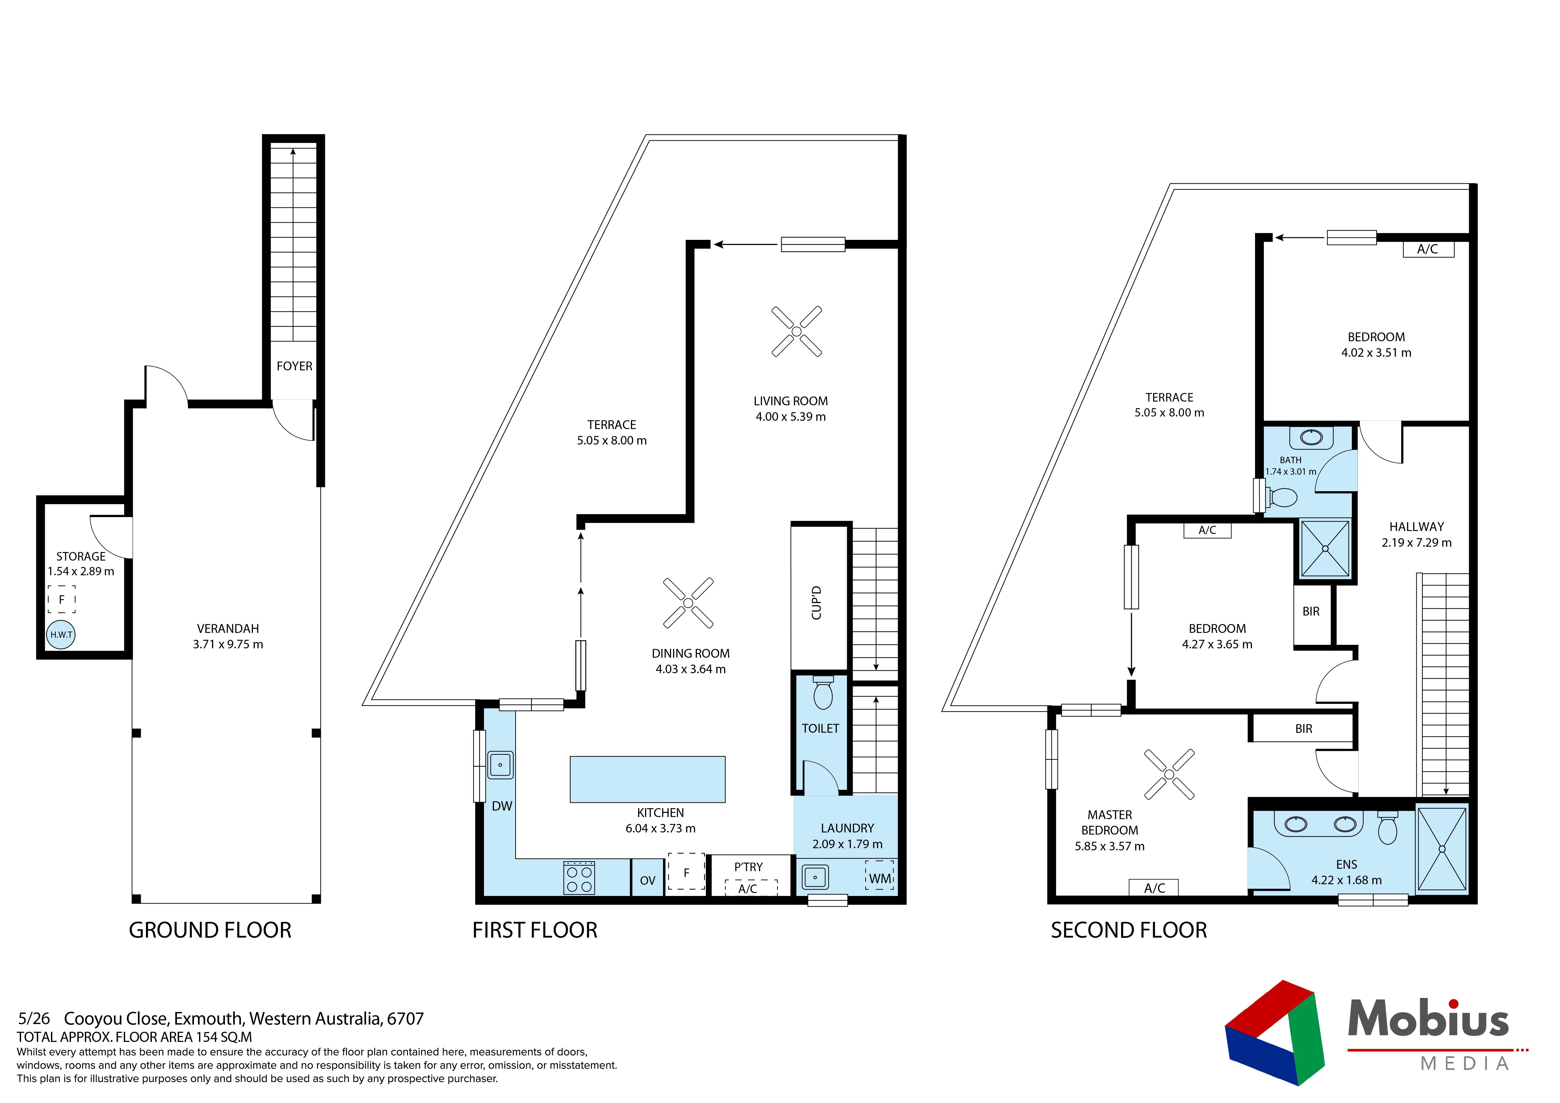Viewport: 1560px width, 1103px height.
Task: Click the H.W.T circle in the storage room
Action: point(61,635)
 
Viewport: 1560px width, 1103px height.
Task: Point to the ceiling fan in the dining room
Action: point(688,603)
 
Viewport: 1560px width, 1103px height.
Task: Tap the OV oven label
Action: point(648,881)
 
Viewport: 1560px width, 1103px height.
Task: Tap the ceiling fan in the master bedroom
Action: point(1169,774)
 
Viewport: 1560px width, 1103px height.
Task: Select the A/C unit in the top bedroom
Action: point(1428,249)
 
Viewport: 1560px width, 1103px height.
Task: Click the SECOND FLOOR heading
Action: point(1129,930)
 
